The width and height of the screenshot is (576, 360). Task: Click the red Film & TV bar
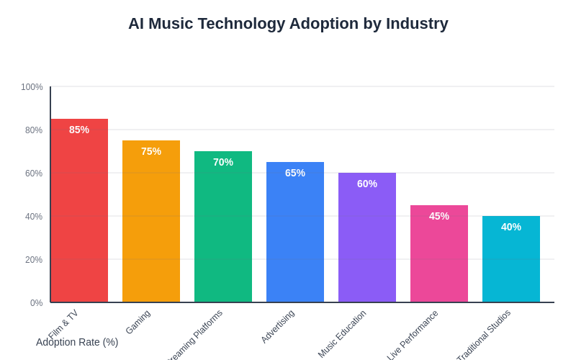coord(79,216)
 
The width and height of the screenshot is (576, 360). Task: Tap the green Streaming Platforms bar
coord(223,230)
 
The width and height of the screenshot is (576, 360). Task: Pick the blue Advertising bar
coord(295,238)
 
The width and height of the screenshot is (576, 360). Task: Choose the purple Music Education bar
coord(367,241)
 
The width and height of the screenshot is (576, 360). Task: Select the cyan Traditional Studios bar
coord(511,263)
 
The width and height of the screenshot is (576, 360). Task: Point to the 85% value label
coord(79,130)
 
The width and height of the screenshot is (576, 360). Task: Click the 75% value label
coord(151,151)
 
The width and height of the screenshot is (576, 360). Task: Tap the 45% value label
coord(439,216)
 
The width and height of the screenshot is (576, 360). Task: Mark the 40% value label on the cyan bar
coord(511,227)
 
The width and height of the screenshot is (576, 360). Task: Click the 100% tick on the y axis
coord(32,87)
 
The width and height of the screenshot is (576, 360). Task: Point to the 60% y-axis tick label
coord(34,174)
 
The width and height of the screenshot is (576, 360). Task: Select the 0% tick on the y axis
coord(36,303)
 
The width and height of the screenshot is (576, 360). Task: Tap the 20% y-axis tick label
coord(34,260)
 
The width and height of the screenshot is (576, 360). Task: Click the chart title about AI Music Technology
coord(288,24)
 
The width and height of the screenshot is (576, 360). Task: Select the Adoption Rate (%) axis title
coord(77,342)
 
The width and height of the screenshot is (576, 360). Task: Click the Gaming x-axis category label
coord(138,322)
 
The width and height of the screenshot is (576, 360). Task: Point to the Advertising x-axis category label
coord(278,326)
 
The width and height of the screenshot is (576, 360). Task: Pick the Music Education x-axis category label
coord(343,333)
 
